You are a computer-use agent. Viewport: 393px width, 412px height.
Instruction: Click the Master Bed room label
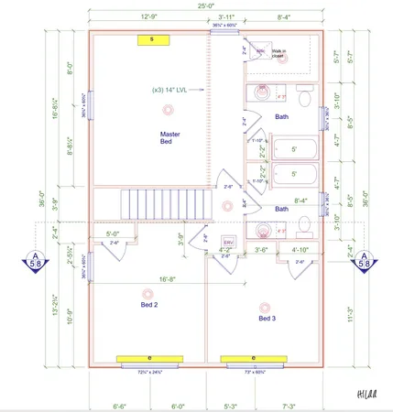point(167,138)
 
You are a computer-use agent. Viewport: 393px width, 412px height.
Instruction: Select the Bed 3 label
point(266,318)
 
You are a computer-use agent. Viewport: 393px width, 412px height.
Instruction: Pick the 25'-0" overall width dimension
point(208,8)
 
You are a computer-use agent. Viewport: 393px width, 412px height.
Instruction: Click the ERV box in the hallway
point(229,243)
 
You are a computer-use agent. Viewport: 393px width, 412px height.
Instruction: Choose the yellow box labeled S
point(152,39)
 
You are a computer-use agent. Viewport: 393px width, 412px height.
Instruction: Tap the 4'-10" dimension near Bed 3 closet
point(301,249)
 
